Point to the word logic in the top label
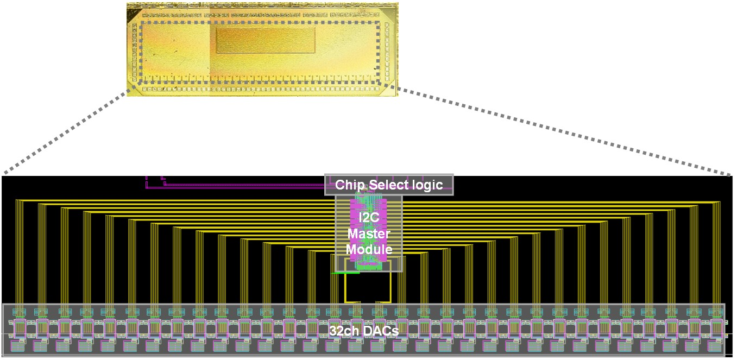click(423, 185)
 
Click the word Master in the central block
click(369, 233)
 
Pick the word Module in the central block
click(369, 249)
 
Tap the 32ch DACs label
click(363, 331)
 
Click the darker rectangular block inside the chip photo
click(266, 41)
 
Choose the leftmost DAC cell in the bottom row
click(18, 345)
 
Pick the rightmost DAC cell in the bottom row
click(716, 345)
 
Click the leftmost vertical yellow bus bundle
click(20, 250)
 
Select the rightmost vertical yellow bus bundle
click(716, 250)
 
